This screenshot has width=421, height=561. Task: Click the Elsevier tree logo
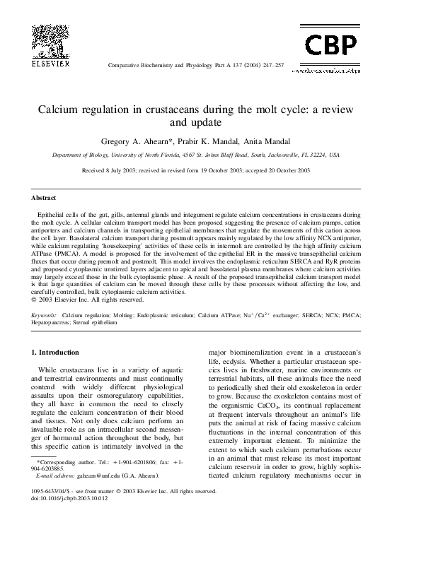[x=52, y=39]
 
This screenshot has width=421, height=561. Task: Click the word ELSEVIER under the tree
[x=52, y=63]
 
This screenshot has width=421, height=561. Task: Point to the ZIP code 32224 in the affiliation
[x=316, y=155]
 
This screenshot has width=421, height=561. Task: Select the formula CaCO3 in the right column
[x=295, y=407]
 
